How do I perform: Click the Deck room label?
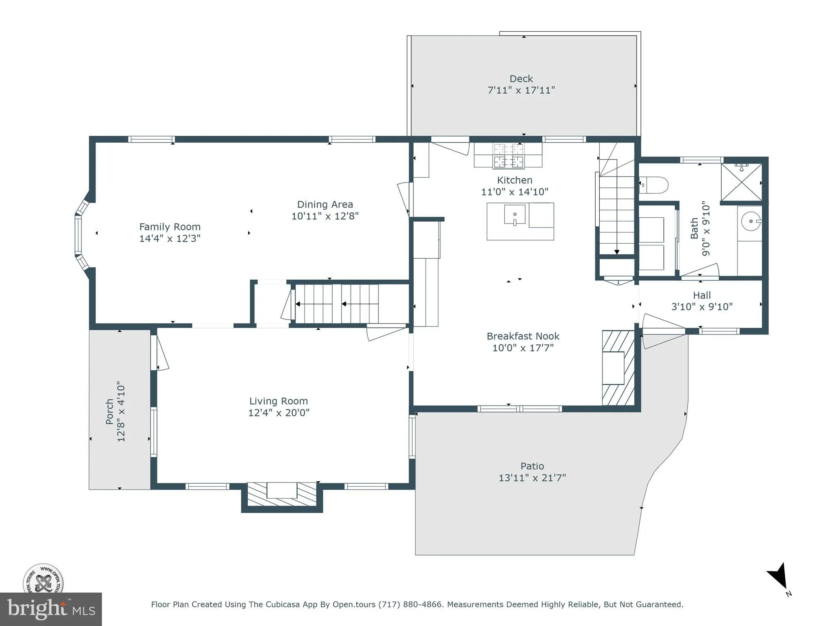click(x=521, y=79)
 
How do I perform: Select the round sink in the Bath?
click(x=750, y=221)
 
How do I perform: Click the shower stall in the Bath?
click(x=741, y=182)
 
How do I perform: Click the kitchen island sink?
click(x=515, y=215)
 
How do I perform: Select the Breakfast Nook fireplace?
click(x=617, y=368)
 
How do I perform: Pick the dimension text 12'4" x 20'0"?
click(x=279, y=413)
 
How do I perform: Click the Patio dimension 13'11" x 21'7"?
click(x=532, y=478)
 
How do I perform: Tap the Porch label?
click(x=110, y=411)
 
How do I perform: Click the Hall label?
click(x=702, y=295)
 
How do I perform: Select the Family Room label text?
click(x=170, y=227)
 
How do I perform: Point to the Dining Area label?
click(x=325, y=205)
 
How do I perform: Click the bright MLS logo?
click(x=51, y=609)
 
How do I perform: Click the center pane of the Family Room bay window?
click(x=77, y=235)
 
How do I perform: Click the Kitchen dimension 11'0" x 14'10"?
click(x=515, y=192)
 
